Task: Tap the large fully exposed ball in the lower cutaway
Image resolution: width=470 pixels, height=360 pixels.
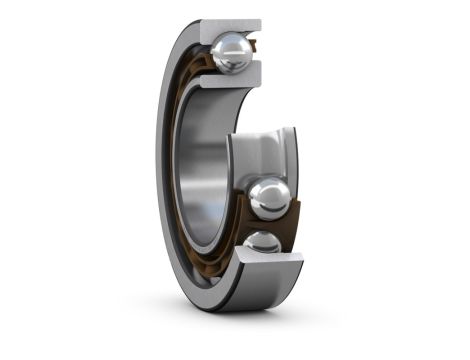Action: click(x=269, y=197)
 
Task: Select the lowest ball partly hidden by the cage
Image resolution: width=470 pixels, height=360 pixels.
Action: click(x=262, y=243)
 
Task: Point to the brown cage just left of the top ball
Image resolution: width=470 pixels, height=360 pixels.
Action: click(x=207, y=60)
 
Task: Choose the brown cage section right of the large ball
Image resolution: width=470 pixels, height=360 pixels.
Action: click(x=293, y=205)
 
